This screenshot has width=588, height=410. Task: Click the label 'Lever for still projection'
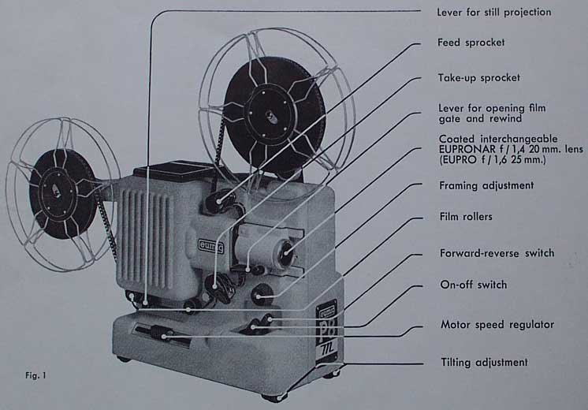click(x=494, y=13)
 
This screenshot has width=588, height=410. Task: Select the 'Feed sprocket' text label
click(x=471, y=43)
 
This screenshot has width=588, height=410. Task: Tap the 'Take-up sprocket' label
click(x=478, y=78)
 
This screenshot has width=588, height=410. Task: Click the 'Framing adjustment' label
click(x=486, y=185)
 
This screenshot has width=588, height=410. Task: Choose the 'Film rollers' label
click(x=465, y=214)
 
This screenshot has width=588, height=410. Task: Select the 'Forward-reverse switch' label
click(x=496, y=253)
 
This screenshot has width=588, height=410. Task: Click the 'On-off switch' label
click(x=472, y=285)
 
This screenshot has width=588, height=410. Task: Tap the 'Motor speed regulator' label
click(x=497, y=324)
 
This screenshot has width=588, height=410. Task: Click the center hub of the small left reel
click(x=55, y=190)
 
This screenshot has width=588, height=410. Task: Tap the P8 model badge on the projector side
click(x=326, y=331)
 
